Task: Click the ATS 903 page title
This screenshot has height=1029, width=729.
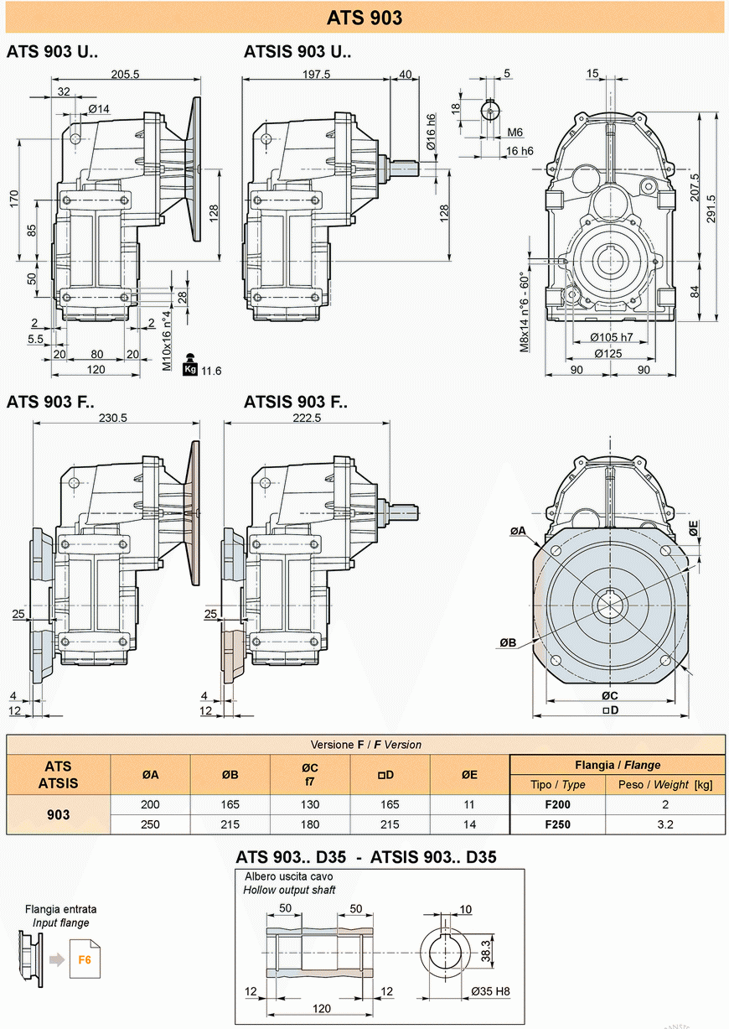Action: click(364, 18)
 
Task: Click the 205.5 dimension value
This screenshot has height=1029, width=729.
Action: click(125, 74)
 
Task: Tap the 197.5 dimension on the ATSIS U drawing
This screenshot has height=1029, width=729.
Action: click(316, 74)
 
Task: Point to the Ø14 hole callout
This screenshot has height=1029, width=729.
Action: click(99, 109)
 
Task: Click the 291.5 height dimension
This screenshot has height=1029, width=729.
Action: click(711, 209)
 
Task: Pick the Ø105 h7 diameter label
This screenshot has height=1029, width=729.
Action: click(612, 338)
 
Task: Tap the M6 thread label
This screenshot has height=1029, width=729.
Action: click(514, 133)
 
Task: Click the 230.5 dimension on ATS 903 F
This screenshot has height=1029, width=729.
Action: click(113, 418)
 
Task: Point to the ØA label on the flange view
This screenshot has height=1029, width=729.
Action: click(518, 531)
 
